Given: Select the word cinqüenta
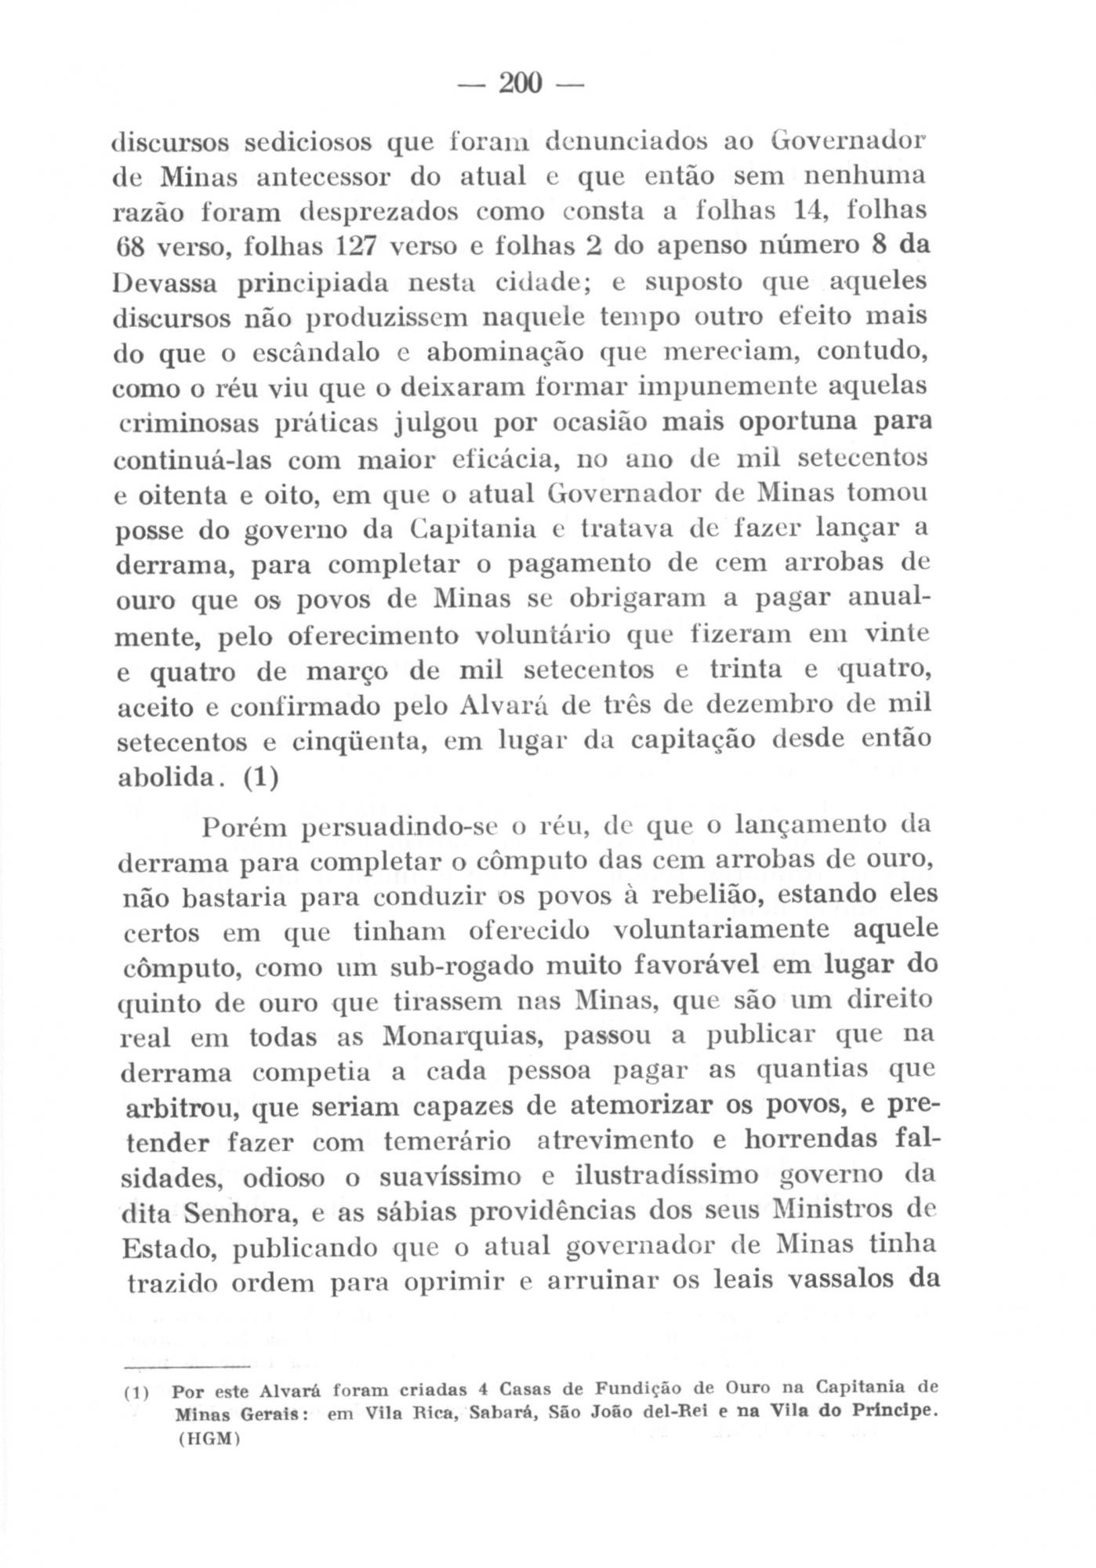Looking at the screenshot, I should coord(357,741).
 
